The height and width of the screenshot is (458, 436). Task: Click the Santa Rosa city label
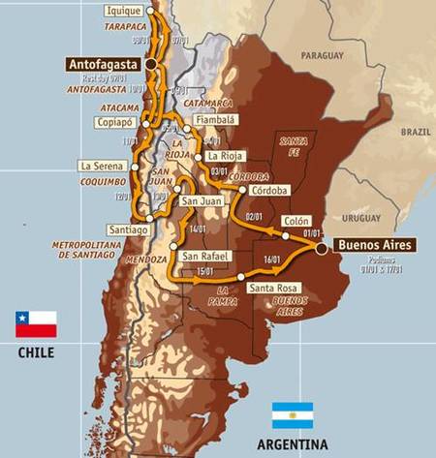point(273,288)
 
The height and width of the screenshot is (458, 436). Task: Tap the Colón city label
point(296,221)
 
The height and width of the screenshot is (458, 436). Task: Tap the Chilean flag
point(35,324)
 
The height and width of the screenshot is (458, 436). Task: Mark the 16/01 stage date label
point(272,260)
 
